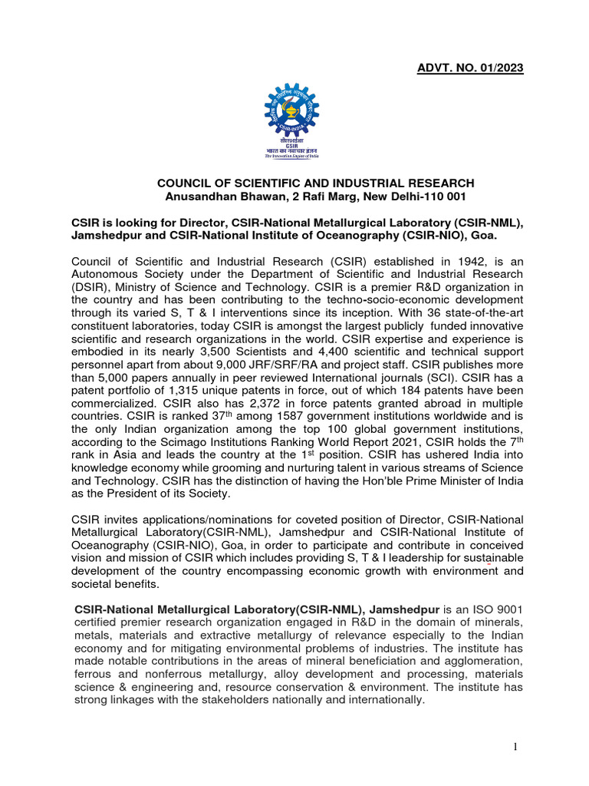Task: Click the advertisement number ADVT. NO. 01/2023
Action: click(x=470, y=68)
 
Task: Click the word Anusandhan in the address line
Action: click(x=206, y=196)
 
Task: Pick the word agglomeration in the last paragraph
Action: click(x=480, y=661)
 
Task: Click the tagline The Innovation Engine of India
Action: click(x=293, y=156)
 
